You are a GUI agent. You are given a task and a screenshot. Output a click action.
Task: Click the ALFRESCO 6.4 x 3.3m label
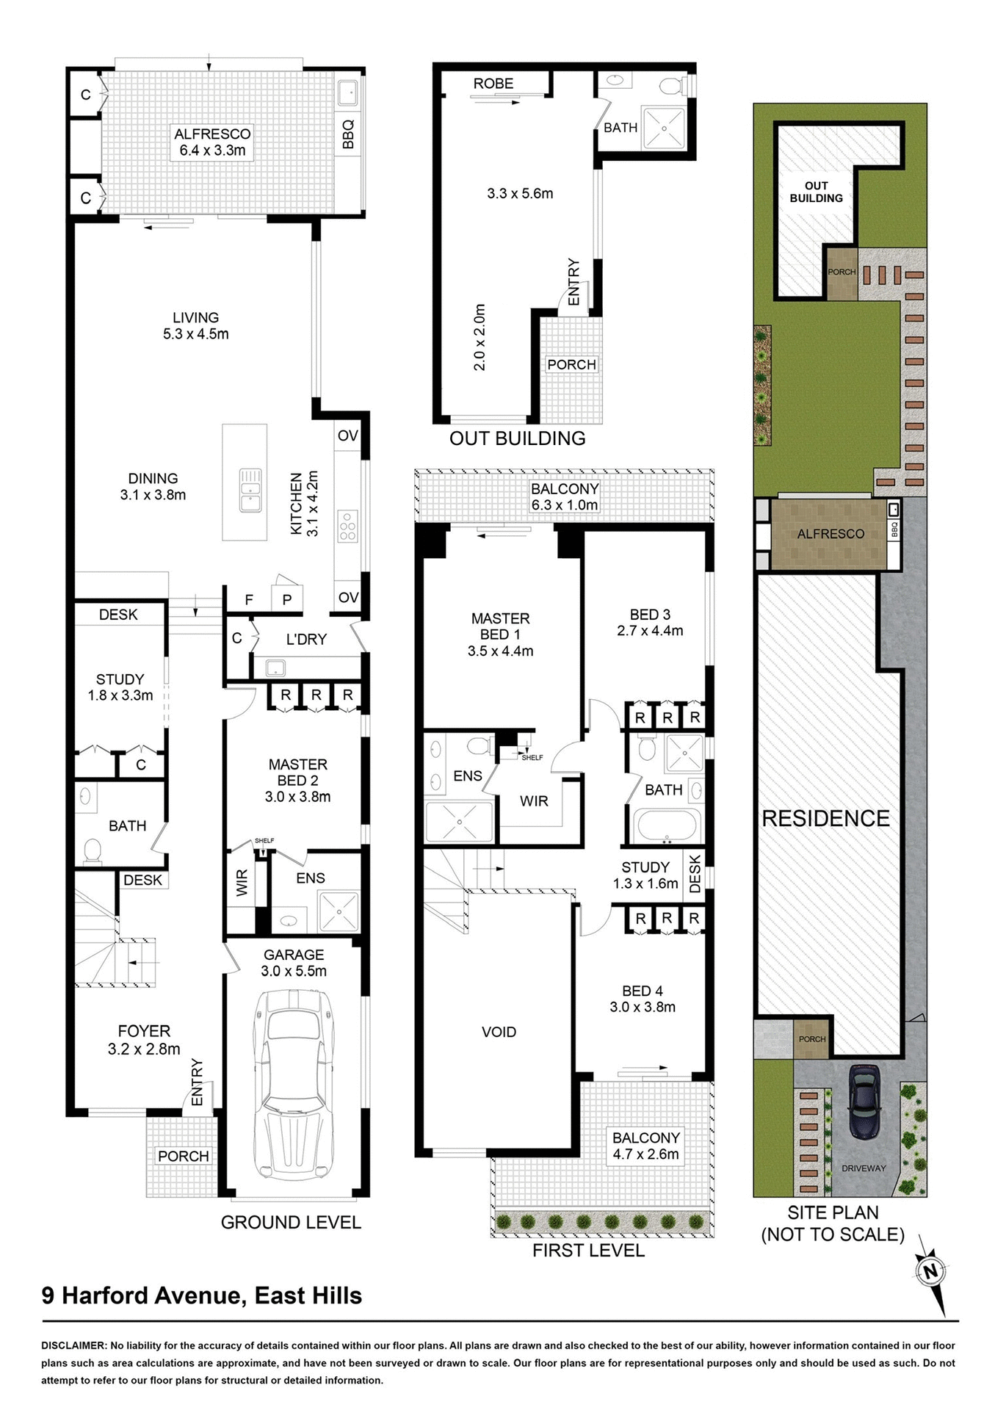[212, 142]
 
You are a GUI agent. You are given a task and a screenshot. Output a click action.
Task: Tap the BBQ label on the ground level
[349, 134]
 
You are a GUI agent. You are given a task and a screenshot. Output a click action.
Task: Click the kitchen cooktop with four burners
[347, 527]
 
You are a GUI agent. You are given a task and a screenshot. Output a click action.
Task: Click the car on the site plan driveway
[864, 1101]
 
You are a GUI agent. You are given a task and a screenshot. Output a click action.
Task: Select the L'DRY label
[306, 640]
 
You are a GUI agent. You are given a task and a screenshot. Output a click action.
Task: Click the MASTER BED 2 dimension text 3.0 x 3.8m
[297, 797]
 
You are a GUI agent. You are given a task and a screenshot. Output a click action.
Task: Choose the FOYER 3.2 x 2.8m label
[144, 1040]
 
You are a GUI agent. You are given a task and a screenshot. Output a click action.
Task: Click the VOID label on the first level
[499, 1032]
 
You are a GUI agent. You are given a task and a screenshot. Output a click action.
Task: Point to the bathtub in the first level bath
[665, 825]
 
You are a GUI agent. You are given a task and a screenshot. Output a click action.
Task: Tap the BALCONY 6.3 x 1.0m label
[565, 497]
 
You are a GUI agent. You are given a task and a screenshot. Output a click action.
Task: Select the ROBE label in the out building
[493, 84]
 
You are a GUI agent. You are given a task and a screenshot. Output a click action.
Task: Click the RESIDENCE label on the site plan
[825, 818]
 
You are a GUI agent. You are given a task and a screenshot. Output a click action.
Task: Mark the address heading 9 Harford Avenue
[202, 1295]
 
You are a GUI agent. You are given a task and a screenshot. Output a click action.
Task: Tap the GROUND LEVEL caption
[291, 1223]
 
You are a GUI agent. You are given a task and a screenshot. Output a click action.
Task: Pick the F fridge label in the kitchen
[249, 600]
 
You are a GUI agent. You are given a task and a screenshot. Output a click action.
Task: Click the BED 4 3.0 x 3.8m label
[643, 999]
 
